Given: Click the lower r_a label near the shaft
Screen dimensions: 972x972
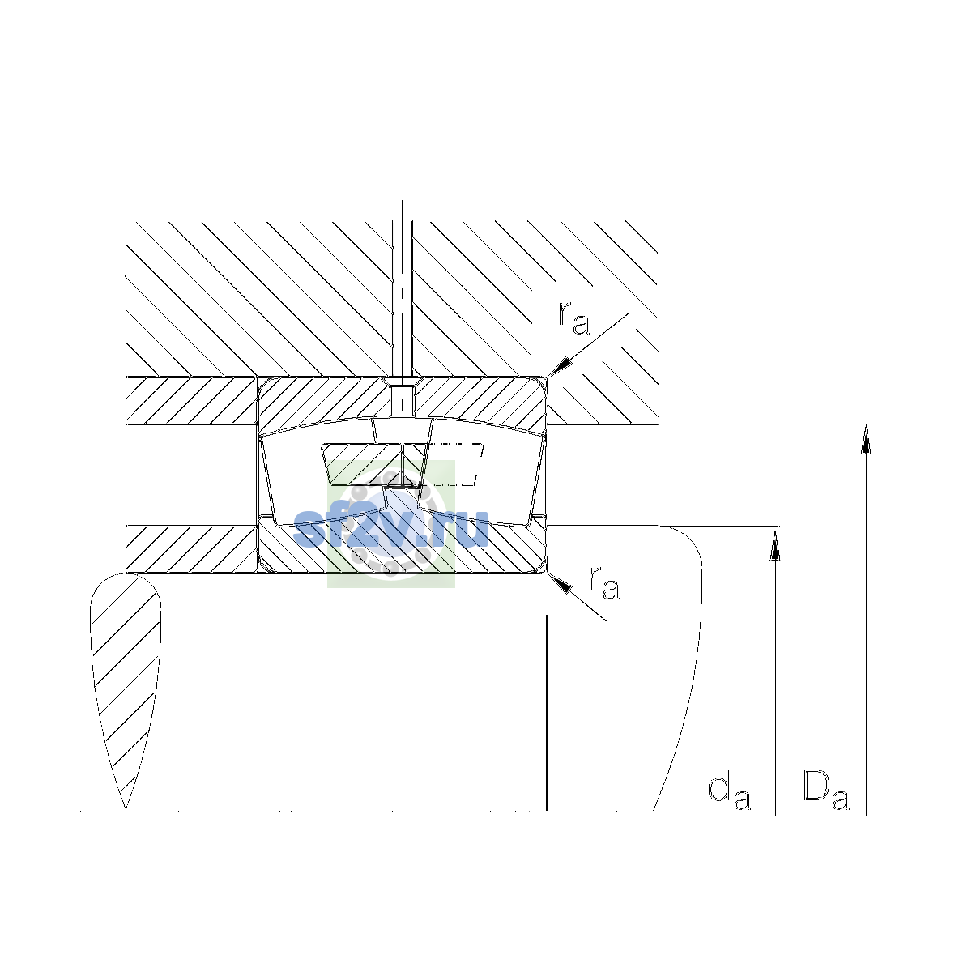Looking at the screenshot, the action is pyautogui.click(x=603, y=583).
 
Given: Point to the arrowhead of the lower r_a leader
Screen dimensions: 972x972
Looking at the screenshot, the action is pyautogui.click(x=560, y=583).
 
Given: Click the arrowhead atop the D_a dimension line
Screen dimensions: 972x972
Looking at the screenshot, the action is pyautogui.click(x=866, y=439).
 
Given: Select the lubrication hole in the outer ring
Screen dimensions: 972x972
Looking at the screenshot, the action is pyautogui.click(x=402, y=399).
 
